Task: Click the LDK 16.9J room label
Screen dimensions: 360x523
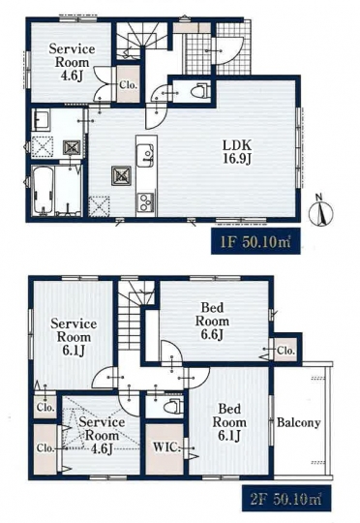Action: [x=237, y=152]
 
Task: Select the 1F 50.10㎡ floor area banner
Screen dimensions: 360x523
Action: [x=255, y=241]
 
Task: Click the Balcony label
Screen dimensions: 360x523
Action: [x=299, y=422]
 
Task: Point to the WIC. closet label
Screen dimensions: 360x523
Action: [x=166, y=447]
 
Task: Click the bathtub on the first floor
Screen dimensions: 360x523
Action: [x=43, y=191]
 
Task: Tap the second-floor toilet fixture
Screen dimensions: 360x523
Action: [x=174, y=406]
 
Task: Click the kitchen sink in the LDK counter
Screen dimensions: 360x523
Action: [x=147, y=156]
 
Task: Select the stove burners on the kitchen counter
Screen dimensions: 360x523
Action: [x=146, y=201]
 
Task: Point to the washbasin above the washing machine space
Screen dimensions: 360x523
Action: [x=41, y=120]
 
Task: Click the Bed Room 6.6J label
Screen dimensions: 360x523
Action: [x=212, y=322]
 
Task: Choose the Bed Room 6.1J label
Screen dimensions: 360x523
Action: [x=229, y=422]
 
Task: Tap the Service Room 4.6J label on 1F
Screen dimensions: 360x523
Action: [x=72, y=62]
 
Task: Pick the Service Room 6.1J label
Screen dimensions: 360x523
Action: [x=74, y=337]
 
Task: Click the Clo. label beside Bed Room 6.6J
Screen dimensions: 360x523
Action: [x=286, y=351]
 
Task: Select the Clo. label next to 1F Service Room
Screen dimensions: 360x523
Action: [x=129, y=85]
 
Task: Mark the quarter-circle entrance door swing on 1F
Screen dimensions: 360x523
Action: [x=230, y=50]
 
